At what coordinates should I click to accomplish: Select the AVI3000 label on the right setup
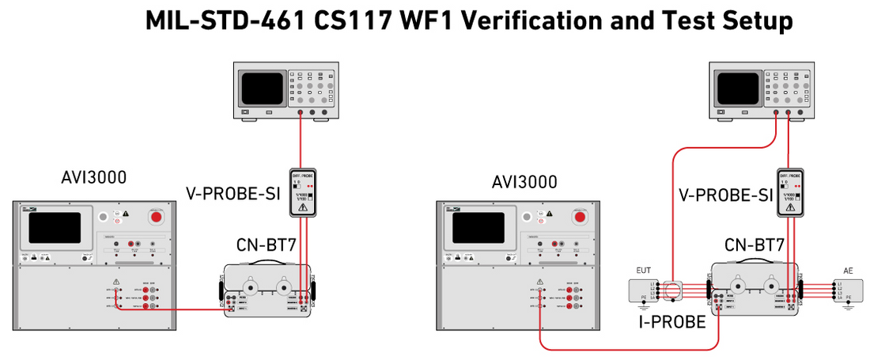coord(524,182)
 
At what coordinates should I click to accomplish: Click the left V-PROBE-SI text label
coord(233,192)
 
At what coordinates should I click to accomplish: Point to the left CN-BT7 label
coord(267,246)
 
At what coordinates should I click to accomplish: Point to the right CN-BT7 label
coord(753,245)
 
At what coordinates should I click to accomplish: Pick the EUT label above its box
coord(643,271)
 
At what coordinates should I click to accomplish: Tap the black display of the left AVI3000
coord(55,228)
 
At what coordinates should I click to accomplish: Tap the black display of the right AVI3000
coord(478,228)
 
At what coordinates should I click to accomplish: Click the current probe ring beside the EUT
coord(675,290)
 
